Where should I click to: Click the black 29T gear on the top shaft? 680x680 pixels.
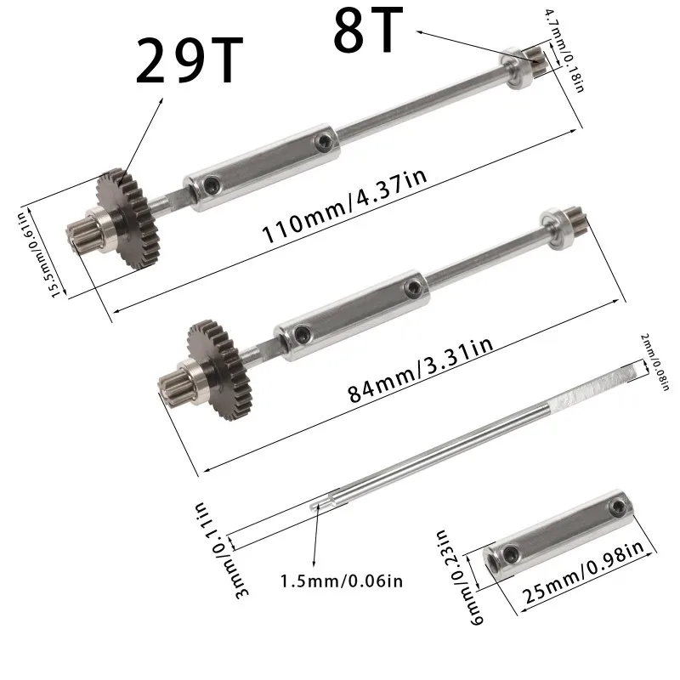tap(133, 218)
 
